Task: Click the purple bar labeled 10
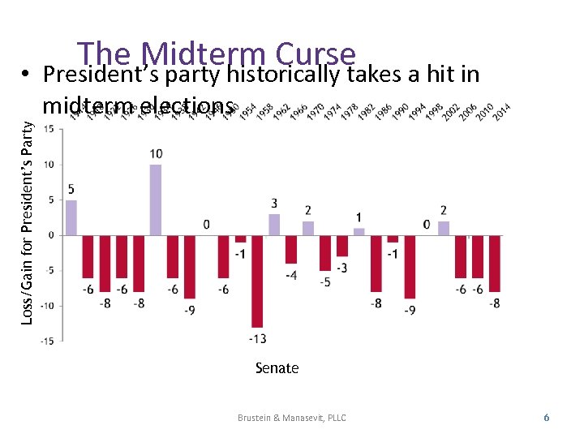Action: (156, 200)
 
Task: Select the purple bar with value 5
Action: (71, 217)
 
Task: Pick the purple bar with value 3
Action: (274, 225)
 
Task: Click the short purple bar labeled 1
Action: (359, 232)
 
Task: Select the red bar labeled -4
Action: (291, 249)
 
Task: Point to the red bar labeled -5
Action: (325, 253)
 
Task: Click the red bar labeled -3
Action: (342, 246)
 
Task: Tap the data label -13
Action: (258, 337)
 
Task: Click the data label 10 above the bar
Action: (156, 154)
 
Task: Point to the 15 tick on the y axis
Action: (49, 130)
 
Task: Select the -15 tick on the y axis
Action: (49, 341)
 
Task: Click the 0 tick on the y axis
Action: (52, 235)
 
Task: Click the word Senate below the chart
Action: (277, 368)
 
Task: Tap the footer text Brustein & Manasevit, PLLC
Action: (291, 418)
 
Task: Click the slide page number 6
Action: (546, 417)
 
